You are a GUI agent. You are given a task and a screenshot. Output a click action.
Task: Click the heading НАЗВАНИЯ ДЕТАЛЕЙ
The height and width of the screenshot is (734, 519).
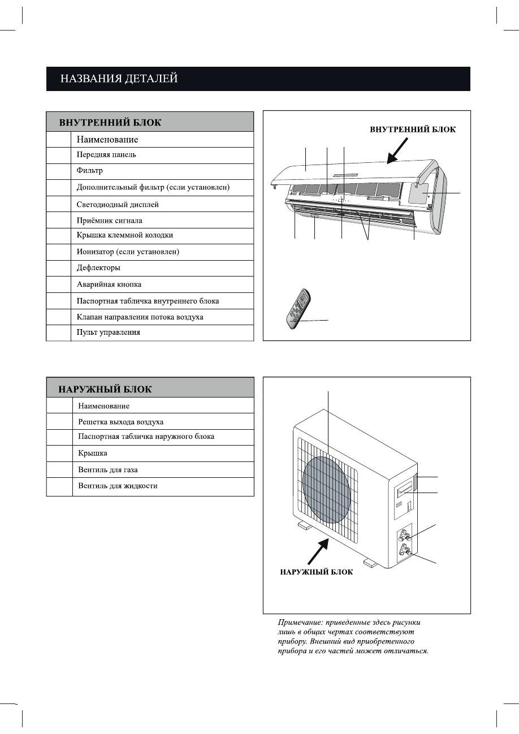pyautogui.click(x=119, y=79)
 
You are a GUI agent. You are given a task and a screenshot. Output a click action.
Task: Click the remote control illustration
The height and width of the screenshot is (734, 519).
pyautogui.click(x=298, y=309)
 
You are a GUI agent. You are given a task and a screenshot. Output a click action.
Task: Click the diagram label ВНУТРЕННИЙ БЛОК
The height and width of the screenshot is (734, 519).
pyautogui.click(x=413, y=129)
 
